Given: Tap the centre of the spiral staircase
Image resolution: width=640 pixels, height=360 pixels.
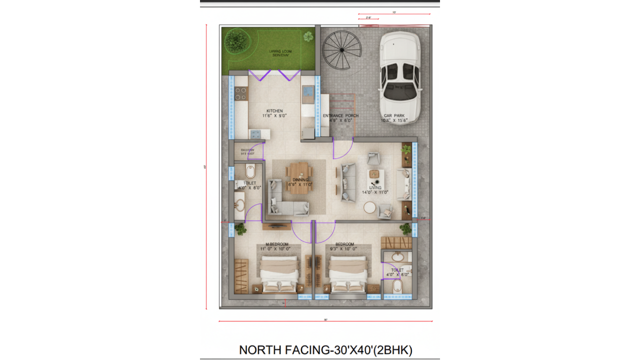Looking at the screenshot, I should point(342,50).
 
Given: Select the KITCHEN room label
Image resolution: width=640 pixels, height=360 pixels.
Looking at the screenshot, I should point(274,111).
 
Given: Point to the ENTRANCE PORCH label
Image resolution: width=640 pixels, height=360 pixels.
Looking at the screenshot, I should point(340,116).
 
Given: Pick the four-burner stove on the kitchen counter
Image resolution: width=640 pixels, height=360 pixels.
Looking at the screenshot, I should point(240,93).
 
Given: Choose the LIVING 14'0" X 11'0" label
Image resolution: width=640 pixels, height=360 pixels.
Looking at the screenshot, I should point(375,190).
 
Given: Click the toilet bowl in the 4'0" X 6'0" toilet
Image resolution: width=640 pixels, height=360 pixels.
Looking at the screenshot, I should point(397,286).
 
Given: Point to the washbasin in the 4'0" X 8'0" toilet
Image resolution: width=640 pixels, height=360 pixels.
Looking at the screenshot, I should point(240,204).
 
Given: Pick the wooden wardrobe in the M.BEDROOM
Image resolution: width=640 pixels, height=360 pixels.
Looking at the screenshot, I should point(241,276).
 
